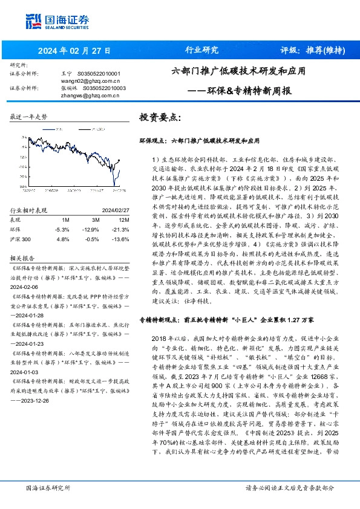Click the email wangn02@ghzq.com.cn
tap(91, 79)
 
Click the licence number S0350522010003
tap(104, 87)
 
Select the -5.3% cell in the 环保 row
tap(62, 230)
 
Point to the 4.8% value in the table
tap(62, 239)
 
